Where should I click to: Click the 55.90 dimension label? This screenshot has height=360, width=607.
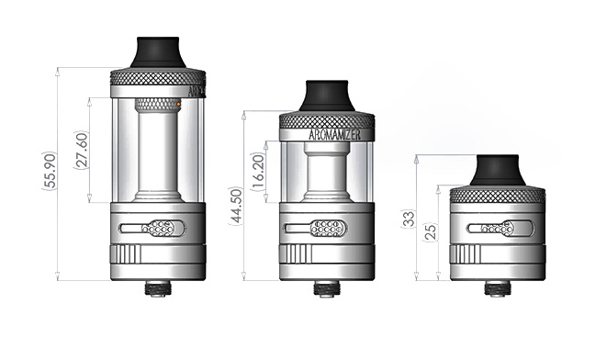(51, 171)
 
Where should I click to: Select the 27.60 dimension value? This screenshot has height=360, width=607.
(82, 151)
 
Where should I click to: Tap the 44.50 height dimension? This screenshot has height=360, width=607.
(236, 207)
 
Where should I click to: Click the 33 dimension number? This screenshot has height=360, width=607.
(409, 219)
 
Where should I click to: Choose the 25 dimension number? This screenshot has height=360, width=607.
(431, 231)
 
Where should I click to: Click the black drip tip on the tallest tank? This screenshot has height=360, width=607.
(158, 52)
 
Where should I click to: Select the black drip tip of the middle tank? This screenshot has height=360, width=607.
(327, 96)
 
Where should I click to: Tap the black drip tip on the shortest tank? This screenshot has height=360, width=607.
(498, 170)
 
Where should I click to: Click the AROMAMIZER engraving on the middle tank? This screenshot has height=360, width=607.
(335, 135)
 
